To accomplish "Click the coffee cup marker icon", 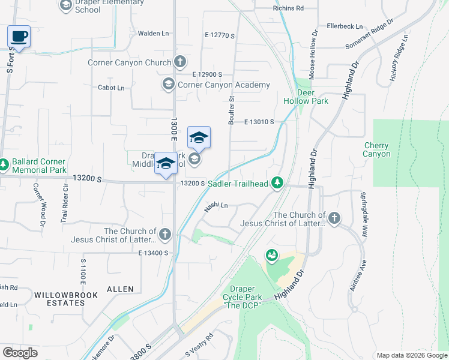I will coord(19,36).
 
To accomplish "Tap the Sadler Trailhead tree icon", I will coord(277,182).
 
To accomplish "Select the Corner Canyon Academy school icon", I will coord(169,85).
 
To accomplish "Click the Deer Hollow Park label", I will coord(313,97).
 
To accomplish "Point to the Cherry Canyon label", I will coord(376,149).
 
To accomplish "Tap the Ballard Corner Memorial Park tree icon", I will coord(4,163).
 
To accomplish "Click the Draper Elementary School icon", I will coord(65,6).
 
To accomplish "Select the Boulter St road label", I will coord(231,109).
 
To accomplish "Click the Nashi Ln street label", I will coord(216,206).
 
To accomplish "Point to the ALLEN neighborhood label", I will coord(120,289).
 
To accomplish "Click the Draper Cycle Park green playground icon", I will coord(272,256).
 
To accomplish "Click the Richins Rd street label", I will coord(288,8).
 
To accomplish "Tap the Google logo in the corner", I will coord(20,353).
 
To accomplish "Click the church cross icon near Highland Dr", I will coord(334,218).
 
